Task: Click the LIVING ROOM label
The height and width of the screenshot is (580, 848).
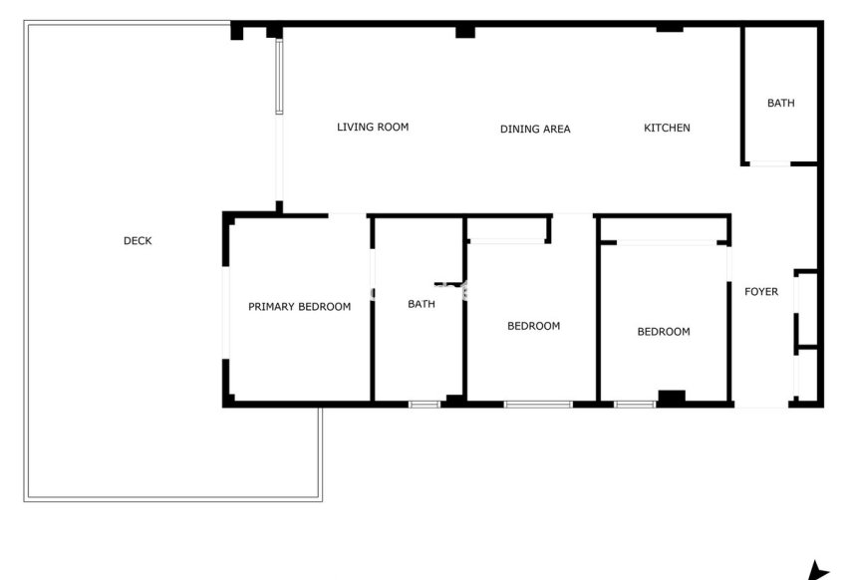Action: [x=373, y=127]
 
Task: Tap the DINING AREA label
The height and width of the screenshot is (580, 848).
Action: [x=535, y=129]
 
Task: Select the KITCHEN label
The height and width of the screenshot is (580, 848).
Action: [x=667, y=128]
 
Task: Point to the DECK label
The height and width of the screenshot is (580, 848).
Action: [x=138, y=240]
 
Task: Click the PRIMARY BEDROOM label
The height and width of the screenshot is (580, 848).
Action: [x=299, y=307]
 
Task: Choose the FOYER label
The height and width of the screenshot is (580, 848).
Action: [x=761, y=292]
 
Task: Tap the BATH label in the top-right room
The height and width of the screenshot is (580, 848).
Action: [x=780, y=103]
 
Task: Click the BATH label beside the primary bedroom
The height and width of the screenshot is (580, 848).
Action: [x=422, y=305]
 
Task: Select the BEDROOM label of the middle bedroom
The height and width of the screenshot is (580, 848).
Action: [x=533, y=326]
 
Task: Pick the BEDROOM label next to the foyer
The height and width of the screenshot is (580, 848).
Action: [x=663, y=332]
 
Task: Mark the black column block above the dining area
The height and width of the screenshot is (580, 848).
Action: [x=464, y=32]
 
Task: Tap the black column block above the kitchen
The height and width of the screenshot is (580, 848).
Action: [x=669, y=28]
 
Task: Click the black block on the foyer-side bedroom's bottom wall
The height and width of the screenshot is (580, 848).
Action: [x=672, y=397]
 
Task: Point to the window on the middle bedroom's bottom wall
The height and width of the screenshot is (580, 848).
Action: [x=538, y=404]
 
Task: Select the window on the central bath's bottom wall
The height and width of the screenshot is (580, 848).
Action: [x=424, y=404]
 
